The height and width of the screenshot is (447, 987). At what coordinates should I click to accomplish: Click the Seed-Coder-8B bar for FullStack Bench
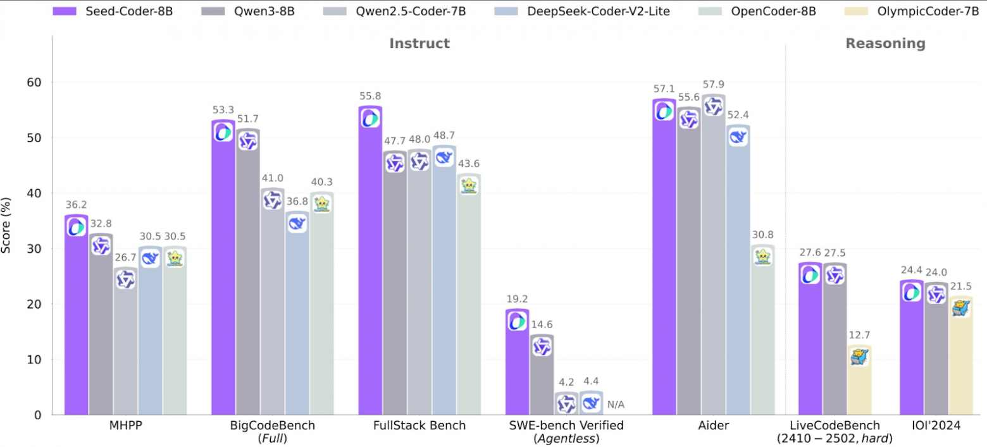point(370,266)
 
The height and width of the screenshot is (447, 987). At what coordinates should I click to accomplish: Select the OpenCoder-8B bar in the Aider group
point(762,335)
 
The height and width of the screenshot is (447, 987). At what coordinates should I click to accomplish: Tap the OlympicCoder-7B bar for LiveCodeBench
point(859,386)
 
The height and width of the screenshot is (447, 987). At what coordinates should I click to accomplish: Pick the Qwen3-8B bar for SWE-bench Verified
point(542,379)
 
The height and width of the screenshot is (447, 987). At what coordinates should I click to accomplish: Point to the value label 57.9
point(713,84)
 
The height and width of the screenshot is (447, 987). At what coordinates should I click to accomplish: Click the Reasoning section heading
point(885,44)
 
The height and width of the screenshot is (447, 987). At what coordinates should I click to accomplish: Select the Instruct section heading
point(419,44)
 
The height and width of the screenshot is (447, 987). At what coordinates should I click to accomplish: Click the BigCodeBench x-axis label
point(272,426)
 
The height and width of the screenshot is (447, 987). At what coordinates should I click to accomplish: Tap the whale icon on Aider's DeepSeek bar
point(738,136)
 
